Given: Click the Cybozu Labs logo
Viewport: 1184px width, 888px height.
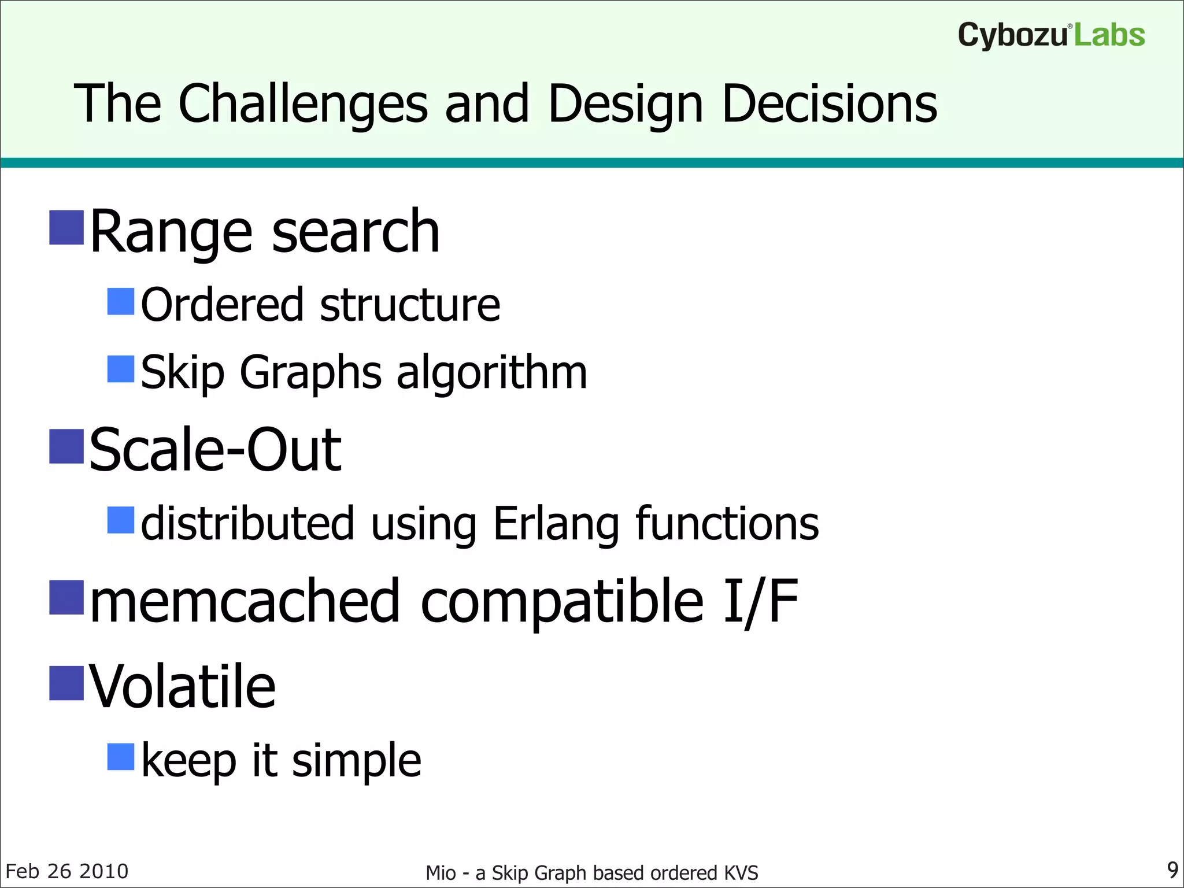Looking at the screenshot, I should click(x=1050, y=36).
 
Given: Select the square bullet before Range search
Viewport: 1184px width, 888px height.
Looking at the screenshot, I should click(x=66, y=228).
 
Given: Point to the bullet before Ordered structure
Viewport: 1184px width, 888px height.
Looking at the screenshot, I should click(x=121, y=301).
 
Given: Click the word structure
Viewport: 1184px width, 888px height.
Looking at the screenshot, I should click(x=410, y=305).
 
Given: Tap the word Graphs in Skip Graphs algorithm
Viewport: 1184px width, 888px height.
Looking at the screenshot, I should click(x=310, y=373).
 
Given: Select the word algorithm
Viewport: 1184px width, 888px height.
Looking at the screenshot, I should click(x=491, y=373).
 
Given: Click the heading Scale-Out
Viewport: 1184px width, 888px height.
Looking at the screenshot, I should click(x=215, y=450).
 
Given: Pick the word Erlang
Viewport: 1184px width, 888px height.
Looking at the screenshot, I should click(x=556, y=524).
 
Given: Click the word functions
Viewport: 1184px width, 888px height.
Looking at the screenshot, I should click(x=727, y=524).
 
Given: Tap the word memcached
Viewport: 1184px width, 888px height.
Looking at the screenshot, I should click(x=245, y=602).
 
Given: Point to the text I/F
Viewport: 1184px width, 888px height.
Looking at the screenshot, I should click(x=760, y=602).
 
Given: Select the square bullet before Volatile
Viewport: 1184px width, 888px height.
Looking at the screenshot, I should click(x=66, y=683).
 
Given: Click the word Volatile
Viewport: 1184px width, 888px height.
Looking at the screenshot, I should click(x=183, y=687).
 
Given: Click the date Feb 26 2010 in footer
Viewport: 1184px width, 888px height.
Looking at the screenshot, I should click(x=67, y=871).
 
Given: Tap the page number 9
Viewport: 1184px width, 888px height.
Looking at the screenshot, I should click(x=1172, y=869).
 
